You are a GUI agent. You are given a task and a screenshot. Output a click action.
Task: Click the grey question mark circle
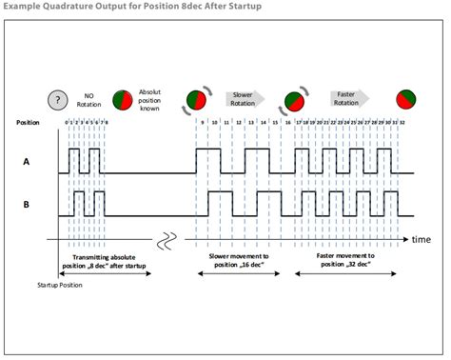click(58, 98)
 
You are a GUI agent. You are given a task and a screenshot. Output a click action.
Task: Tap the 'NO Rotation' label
click(89, 98)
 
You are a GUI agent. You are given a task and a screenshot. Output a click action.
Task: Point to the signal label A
click(28, 161)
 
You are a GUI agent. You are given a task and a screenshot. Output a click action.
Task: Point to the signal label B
click(28, 203)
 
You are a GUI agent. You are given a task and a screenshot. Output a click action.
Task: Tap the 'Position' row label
click(29, 123)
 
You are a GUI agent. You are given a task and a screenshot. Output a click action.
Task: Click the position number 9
click(201, 123)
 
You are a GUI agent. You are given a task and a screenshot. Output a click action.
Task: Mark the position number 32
click(403, 123)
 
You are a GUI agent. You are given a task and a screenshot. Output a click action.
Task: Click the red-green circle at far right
click(407, 99)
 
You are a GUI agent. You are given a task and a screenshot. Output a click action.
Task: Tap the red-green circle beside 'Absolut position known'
click(124, 99)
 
